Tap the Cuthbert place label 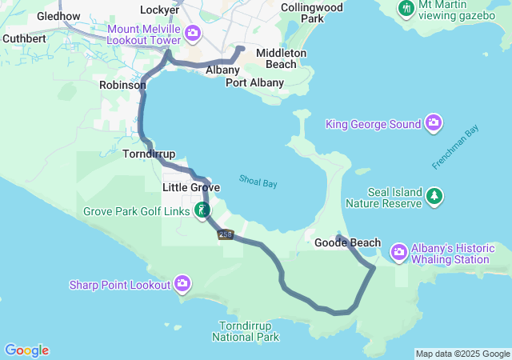click(24, 38)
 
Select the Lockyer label click(159, 10)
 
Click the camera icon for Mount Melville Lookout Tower click(192, 33)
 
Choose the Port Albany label click(254, 82)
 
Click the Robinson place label click(122, 84)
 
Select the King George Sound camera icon click(434, 123)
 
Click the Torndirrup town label click(150, 153)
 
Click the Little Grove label click(191, 187)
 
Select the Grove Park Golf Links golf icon click(203, 210)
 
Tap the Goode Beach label click(347, 242)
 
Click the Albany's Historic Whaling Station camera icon click(398, 253)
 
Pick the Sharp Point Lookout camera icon click(183, 283)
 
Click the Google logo click(26, 350)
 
